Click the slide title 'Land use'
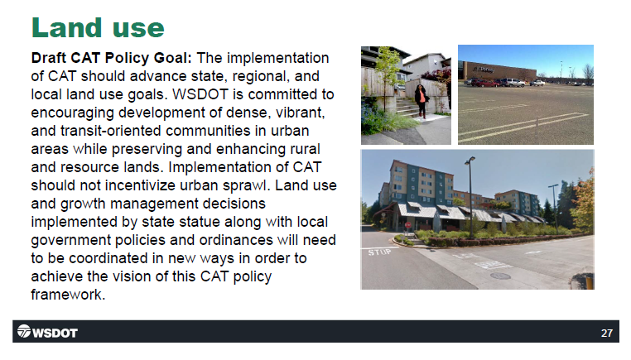[98, 27]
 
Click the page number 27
[606, 333]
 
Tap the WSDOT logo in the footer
[47, 332]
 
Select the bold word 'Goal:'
[172, 58]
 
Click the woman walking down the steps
[421, 101]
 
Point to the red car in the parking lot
[484, 84]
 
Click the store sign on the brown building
[484, 70]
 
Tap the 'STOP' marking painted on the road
[379, 252]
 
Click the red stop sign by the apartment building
[408, 225]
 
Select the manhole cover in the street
[500, 276]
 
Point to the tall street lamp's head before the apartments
[470, 161]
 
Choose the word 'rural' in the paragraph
[305, 149]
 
